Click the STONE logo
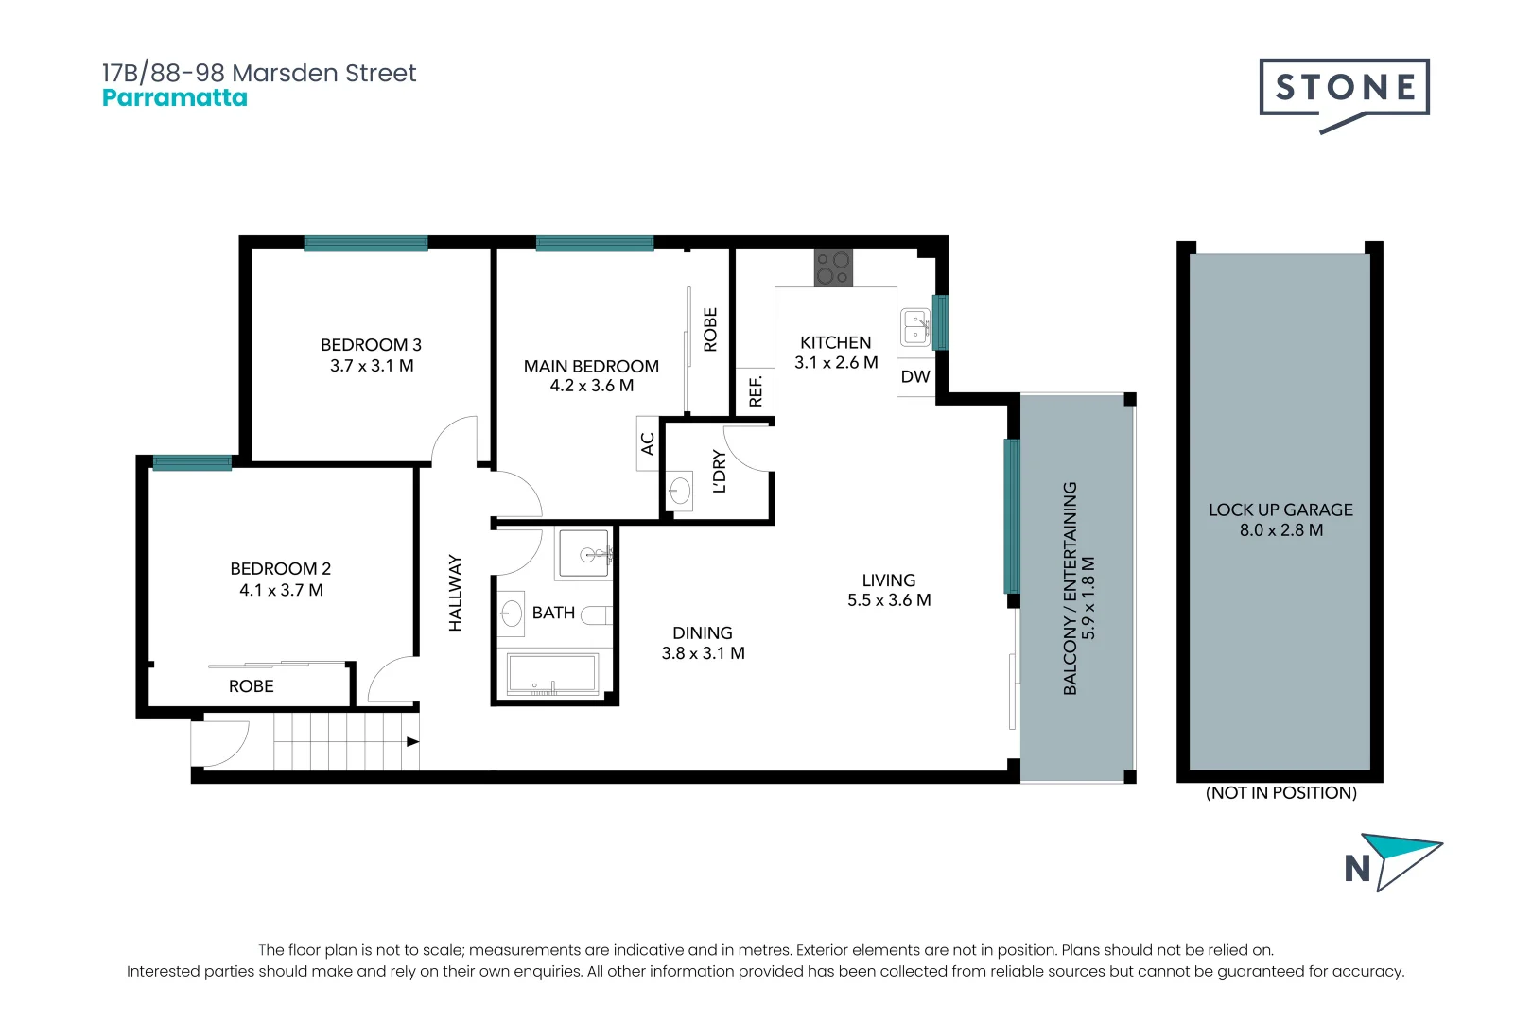[x=1344, y=89]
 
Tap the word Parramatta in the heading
[x=174, y=98]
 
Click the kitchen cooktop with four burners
[x=833, y=268]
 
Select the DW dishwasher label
[x=914, y=376]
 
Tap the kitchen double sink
[x=914, y=327]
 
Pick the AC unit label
[x=648, y=443]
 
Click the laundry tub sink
[x=679, y=490]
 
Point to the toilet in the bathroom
[x=597, y=615]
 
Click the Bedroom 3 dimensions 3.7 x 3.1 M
[x=372, y=366]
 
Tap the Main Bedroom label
[x=591, y=366]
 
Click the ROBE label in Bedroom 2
[x=251, y=686]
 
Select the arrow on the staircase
[x=412, y=741]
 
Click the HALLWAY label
[x=456, y=593]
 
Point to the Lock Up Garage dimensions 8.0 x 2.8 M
[x=1280, y=530]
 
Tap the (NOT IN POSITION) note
[x=1280, y=792]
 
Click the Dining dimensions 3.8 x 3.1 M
[x=703, y=653]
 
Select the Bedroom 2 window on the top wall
[x=192, y=462]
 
